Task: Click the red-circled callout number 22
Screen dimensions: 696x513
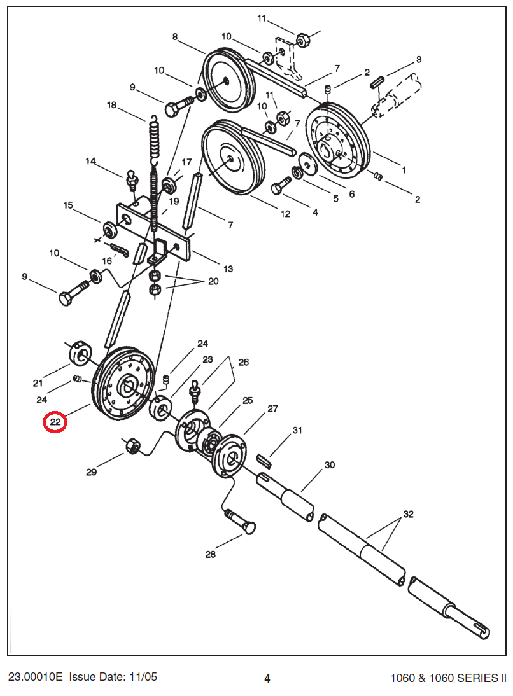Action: point(55,422)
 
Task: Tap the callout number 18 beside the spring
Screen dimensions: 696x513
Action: point(112,105)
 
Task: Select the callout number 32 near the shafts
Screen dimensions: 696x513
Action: point(408,514)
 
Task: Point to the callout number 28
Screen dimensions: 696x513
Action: point(210,554)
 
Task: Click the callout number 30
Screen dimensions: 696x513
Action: point(329,465)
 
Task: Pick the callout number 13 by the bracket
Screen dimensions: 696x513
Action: point(228,268)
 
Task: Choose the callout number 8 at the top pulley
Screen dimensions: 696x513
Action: point(175,37)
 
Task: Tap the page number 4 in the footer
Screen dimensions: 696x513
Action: point(267,678)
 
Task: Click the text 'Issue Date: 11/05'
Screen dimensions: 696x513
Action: point(113,677)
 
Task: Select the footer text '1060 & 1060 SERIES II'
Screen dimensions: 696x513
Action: point(444,678)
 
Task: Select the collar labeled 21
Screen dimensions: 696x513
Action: point(82,354)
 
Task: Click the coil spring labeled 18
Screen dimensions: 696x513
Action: point(154,137)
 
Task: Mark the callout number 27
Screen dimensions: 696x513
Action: point(273,408)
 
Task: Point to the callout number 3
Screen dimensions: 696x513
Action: point(419,59)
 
